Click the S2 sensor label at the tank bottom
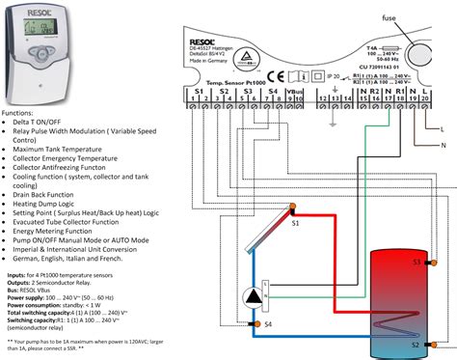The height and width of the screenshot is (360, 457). [x=416, y=345]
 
